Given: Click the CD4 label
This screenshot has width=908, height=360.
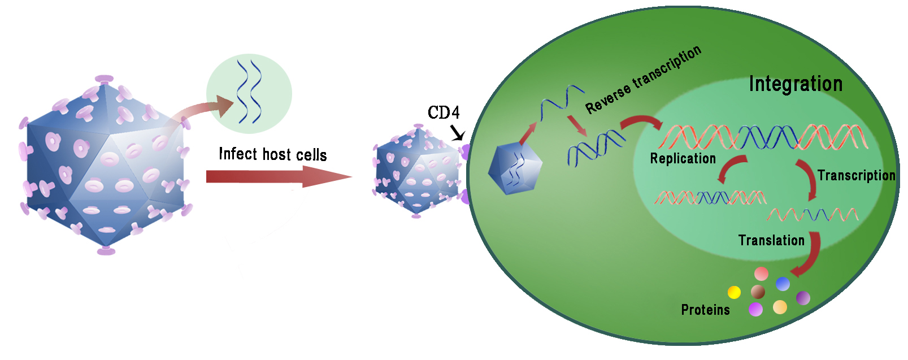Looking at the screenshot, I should pyautogui.click(x=444, y=113).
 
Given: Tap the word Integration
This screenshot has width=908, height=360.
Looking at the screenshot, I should pyautogui.click(x=796, y=84).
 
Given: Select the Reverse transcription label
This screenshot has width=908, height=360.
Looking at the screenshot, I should pyautogui.click(x=643, y=80).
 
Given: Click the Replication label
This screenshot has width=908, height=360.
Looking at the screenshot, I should pyautogui.click(x=683, y=159).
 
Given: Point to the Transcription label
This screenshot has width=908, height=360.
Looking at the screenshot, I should pyautogui.click(x=856, y=176).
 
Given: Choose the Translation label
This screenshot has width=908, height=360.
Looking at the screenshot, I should pyautogui.click(x=771, y=241).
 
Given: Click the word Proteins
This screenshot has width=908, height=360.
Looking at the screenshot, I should pyautogui.click(x=705, y=310).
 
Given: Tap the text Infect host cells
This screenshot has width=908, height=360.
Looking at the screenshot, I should pyautogui.click(x=272, y=154).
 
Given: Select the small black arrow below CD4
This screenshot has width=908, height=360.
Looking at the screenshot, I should pyautogui.click(x=458, y=133).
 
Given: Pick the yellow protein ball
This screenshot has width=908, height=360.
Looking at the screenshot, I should pyautogui.click(x=734, y=292).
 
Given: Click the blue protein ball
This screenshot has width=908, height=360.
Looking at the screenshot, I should pyautogui.click(x=783, y=283).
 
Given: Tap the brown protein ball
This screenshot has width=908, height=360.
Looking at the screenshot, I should pyautogui.click(x=758, y=292).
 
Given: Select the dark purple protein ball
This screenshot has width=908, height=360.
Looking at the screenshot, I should pyautogui.click(x=803, y=297).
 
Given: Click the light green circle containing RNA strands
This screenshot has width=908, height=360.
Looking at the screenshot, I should pyautogui.click(x=249, y=93).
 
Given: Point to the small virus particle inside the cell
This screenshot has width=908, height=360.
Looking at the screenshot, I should pyautogui.click(x=515, y=168).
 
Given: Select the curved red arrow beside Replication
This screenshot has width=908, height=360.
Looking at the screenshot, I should pyautogui.click(x=732, y=169).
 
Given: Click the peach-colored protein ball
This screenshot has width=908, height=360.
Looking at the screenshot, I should pyautogui.click(x=780, y=307).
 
